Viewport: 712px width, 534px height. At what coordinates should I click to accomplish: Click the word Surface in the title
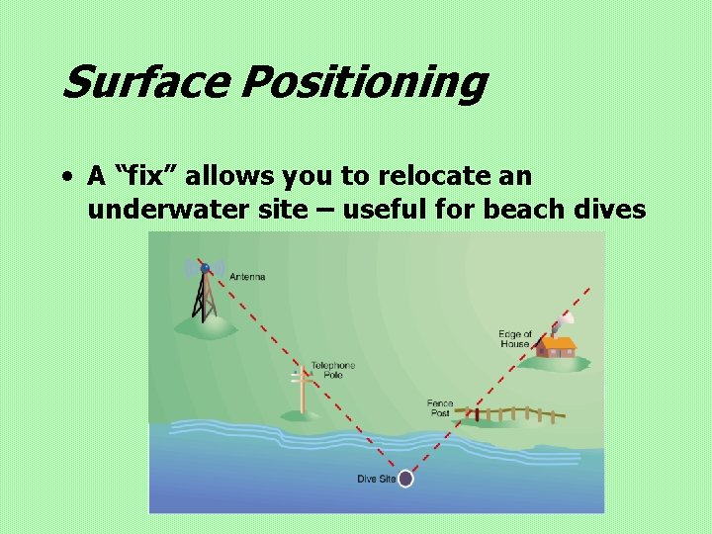click(x=143, y=83)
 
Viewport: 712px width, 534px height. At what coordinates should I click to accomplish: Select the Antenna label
click(x=247, y=277)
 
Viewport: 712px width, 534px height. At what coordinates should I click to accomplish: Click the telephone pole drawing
click(x=302, y=388)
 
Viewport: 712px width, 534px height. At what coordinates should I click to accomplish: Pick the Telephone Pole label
click(x=333, y=371)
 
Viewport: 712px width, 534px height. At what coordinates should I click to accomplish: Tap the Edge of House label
click(x=516, y=339)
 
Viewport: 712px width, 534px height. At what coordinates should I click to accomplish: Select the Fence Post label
click(x=440, y=408)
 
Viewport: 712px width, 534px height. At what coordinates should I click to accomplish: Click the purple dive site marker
click(x=405, y=479)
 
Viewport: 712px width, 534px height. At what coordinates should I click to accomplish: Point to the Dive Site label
click(x=376, y=480)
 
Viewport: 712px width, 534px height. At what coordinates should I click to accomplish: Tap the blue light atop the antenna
click(x=205, y=267)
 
